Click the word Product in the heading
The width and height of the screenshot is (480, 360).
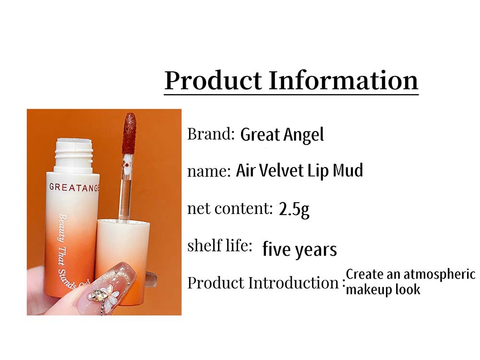coord(213,81)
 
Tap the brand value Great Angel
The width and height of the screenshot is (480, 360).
coord(282,135)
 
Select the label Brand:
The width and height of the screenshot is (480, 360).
coord(211,134)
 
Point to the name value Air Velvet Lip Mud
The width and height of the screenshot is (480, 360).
coord(300,170)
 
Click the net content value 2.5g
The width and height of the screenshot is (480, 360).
coord(294,209)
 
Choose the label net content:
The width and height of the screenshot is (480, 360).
coord(229,208)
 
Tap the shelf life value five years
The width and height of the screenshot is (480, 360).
coord(300,249)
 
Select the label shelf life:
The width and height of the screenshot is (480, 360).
coord(220,245)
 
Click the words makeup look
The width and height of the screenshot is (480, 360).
coord(383,289)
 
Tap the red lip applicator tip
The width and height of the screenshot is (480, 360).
coord(129,133)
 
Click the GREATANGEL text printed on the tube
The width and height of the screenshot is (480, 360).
coord(74,188)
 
